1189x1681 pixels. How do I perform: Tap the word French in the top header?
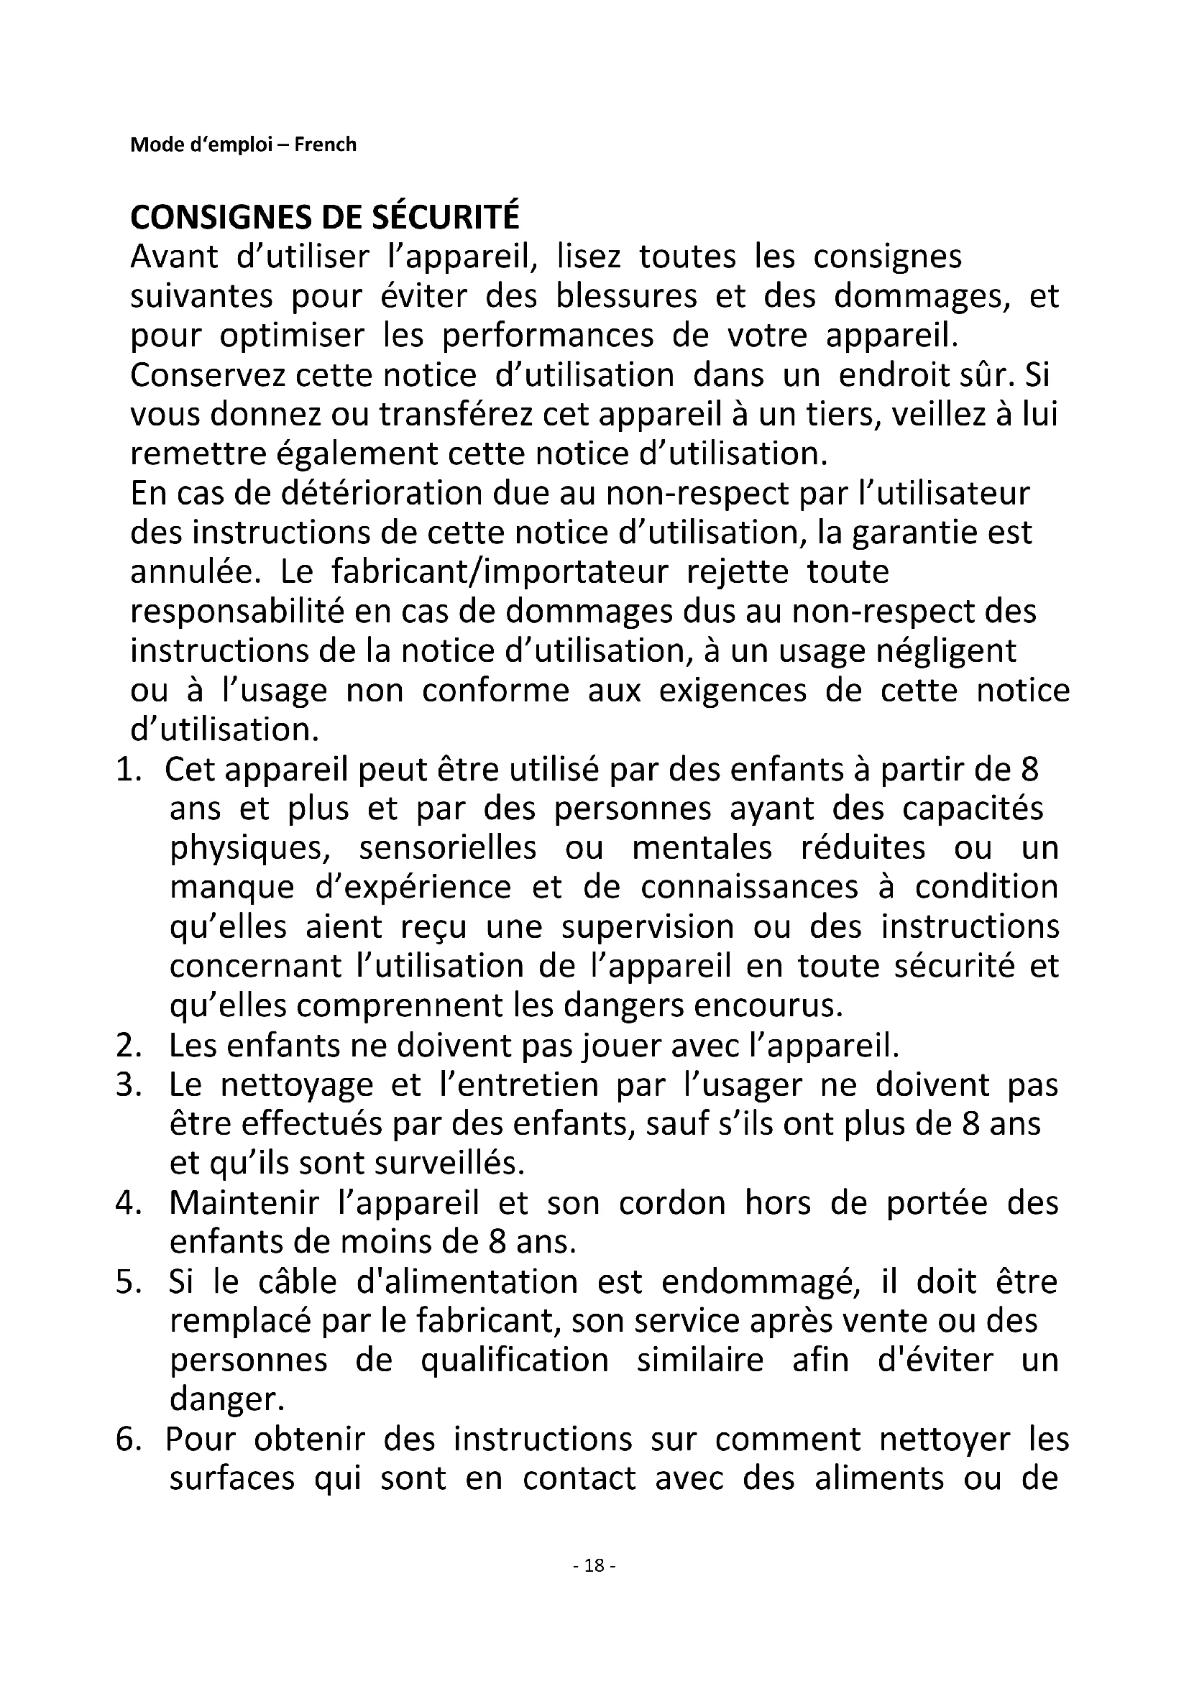pyautogui.click(x=325, y=144)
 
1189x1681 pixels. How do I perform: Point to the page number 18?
pyautogui.click(x=594, y=1566)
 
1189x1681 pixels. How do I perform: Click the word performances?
pyautogui.click(x=548, y=336)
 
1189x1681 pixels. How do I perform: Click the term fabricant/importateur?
pyautogui.click(x=500, y=572)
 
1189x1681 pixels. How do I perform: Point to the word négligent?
pyautogui.click(x=947, y=651)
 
